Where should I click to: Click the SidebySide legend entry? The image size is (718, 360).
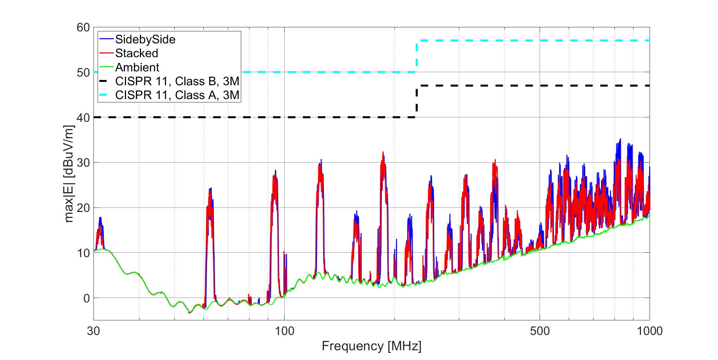[145, 39]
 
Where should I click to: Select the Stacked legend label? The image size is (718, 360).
[136, 53]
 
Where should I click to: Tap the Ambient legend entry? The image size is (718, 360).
[137, 67]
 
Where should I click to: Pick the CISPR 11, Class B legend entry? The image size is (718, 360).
[177, 81]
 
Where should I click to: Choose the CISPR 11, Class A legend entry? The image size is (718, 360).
[177, 95]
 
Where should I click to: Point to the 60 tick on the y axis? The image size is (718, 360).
[83, 27]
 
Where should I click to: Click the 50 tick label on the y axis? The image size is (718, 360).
[83, 73]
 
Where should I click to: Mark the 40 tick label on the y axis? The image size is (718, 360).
[83, 118]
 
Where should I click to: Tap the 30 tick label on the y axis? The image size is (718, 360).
[83, 163]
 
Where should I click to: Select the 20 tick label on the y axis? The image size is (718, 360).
[83, 208]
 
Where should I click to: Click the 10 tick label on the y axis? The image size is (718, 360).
[83, 253]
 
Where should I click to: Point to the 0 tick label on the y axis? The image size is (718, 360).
[86, 298]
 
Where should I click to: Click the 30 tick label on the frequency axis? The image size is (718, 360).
[93, 331]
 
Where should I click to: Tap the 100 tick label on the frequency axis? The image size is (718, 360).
[284, 331]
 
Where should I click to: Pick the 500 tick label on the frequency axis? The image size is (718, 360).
[540, 331]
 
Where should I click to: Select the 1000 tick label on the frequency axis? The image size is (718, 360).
[650, 331]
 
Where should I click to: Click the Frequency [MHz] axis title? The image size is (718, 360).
[371, 346]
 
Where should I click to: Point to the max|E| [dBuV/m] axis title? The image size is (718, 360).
[69, 174]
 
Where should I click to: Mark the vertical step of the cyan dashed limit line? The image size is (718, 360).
[417, 56]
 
